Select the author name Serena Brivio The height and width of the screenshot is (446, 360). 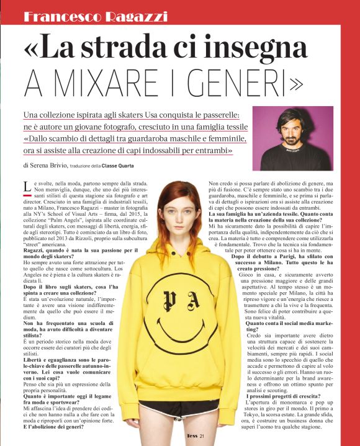[52, 166]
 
